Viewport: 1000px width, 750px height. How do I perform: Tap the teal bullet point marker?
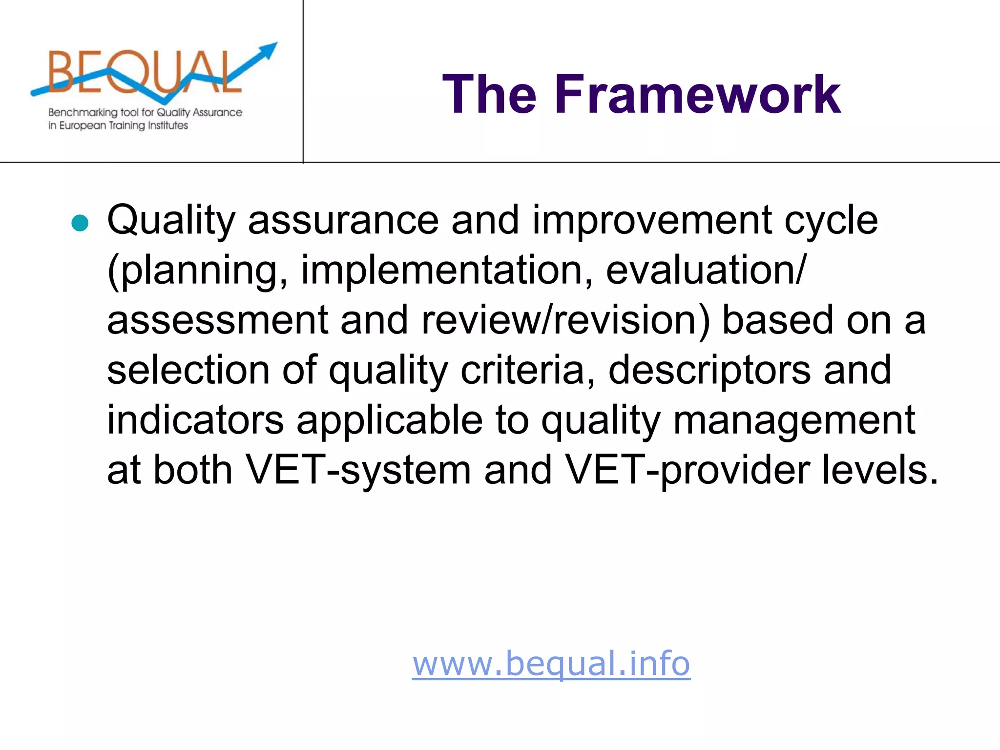click(80, 223)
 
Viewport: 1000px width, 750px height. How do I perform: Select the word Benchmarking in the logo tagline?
click(83, 112)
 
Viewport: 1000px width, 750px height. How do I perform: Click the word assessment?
click(217, 321)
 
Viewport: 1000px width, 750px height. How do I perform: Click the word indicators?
click(195, 420)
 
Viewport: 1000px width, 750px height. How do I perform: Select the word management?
click(794, 420)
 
